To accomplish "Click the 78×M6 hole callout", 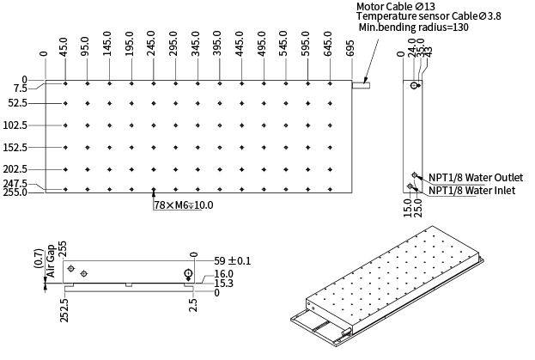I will click(184, 205).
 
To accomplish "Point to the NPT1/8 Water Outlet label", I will click(475, 178).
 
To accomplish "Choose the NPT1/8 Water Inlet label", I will click(471, 190).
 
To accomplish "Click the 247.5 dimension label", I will click(15, 184).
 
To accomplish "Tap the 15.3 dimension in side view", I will click(224, 283).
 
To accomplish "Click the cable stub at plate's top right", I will click(362, 85).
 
